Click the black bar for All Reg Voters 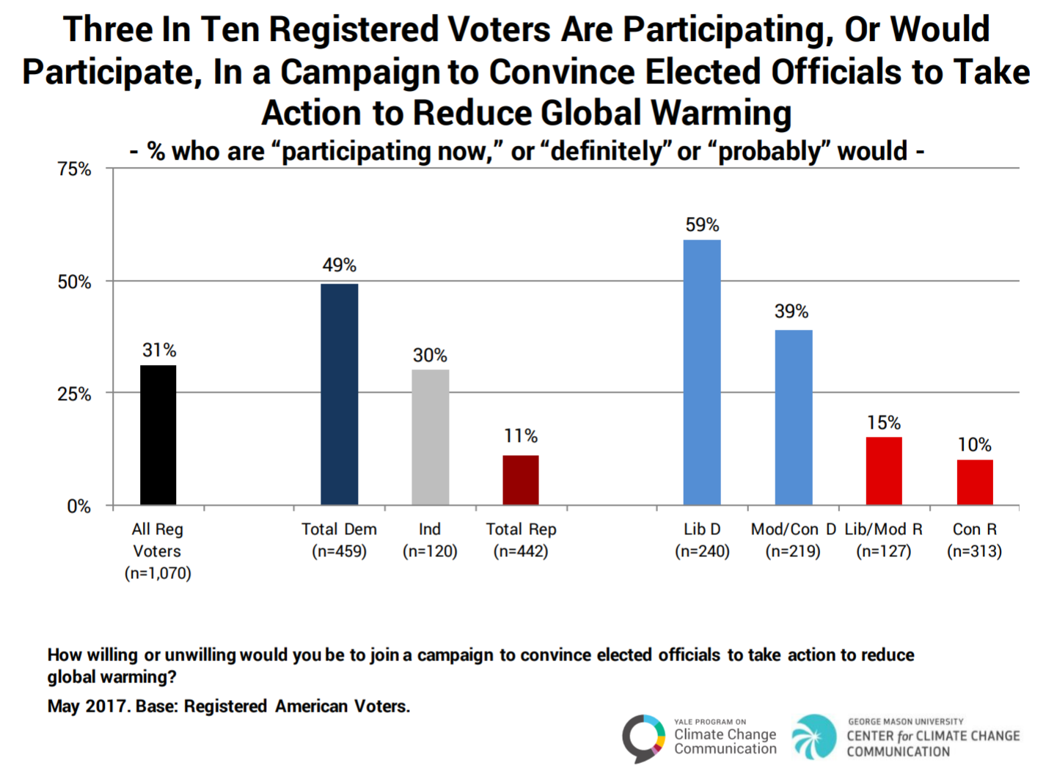click(158, 435)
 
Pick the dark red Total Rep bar click(521, 480)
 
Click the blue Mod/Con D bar click(794, 417)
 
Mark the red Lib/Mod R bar click(884, 471)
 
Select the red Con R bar click(975, 482)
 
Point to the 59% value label click(702, 225)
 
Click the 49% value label click(340, 265)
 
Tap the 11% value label click(521, 436)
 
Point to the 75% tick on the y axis click(74, 169)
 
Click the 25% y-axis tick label click(74, 394)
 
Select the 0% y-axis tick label click(78, 506)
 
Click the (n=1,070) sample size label click(158, 573)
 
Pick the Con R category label click(974, 529)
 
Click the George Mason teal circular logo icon click(814, 737)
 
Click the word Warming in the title click(722, 114)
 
